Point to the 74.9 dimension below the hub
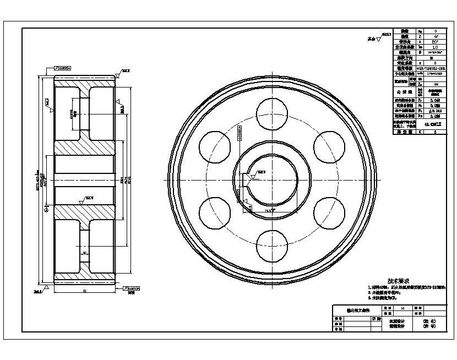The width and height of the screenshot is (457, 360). pyautogui.click(x=269, y=210)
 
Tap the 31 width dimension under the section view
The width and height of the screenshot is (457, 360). pyautogui.click(x=84, y=291)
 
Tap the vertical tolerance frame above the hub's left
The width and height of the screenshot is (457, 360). pyautogui.click(x=240, y=133)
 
